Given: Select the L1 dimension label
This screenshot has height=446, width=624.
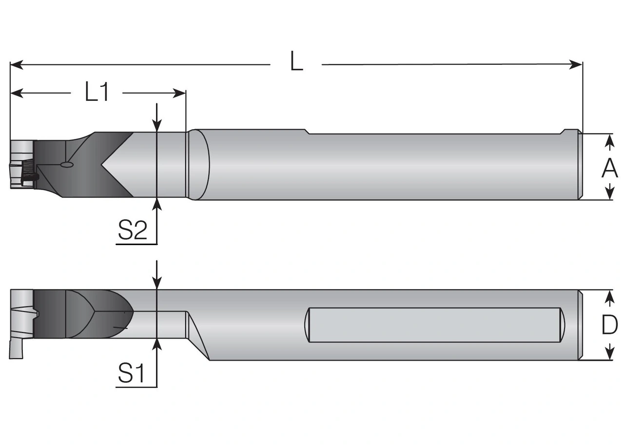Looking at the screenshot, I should coord(97,92).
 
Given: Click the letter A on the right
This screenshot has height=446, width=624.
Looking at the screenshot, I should coord(609,169).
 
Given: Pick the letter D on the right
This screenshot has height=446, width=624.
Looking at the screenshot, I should coord(609,325).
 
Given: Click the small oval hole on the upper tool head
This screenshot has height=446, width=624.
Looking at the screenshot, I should coord(66,165).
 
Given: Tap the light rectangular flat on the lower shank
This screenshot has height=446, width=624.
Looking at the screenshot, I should coord(434,325).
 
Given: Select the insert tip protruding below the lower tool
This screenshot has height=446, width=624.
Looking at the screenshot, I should coord(15,349).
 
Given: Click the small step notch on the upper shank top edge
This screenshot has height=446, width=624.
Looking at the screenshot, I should coord(308,132).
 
